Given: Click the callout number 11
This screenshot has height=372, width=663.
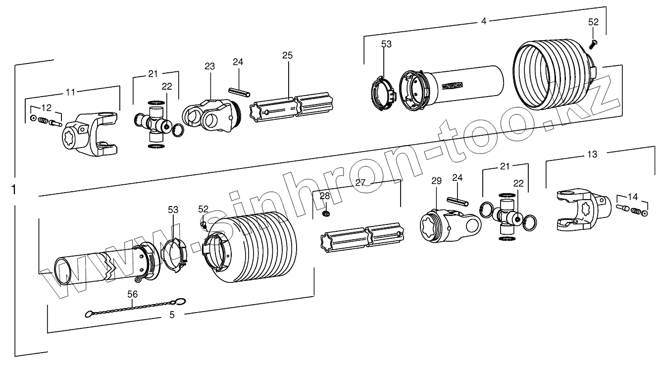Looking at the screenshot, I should pyautogui.click(x=71, y=92).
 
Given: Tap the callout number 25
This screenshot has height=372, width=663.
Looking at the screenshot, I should pyautogui.click(x=288, y=55).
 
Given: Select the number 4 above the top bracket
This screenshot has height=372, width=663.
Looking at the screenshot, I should pyautogui.click(x=484, y=21).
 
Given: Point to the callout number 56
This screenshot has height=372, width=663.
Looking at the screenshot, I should pyautogui.click(x=133, y=294).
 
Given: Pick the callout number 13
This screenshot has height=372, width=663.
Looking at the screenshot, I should pyautogui.click(x=592, y=154).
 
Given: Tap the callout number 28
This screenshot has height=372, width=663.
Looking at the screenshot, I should pyautogui.click(x=324, y=196).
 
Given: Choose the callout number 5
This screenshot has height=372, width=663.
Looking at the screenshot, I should pyautogui.click(x=172, y=314).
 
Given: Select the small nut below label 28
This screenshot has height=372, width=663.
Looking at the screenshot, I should pyautogui.click(x=326, y=213).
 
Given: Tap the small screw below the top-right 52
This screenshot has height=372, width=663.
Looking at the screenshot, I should pyautogui.click(x=593, y=44).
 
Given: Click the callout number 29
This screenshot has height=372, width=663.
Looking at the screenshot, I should pyautogui.click(x=436, y=181).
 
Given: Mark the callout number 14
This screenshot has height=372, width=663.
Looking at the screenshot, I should pyautogui.click(x=632, y=196).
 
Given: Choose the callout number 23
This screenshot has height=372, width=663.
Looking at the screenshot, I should pyautogui.click(x=210, y=66).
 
